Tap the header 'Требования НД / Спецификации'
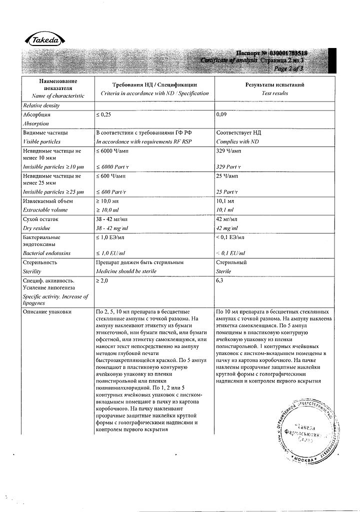tap(154, 85)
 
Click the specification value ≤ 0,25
tap(106, 114)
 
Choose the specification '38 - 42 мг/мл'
tap(113, 219)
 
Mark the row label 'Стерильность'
tap(40, 262)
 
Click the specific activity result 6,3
tap(220, 281)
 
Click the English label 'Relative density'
tap(41, 105)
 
